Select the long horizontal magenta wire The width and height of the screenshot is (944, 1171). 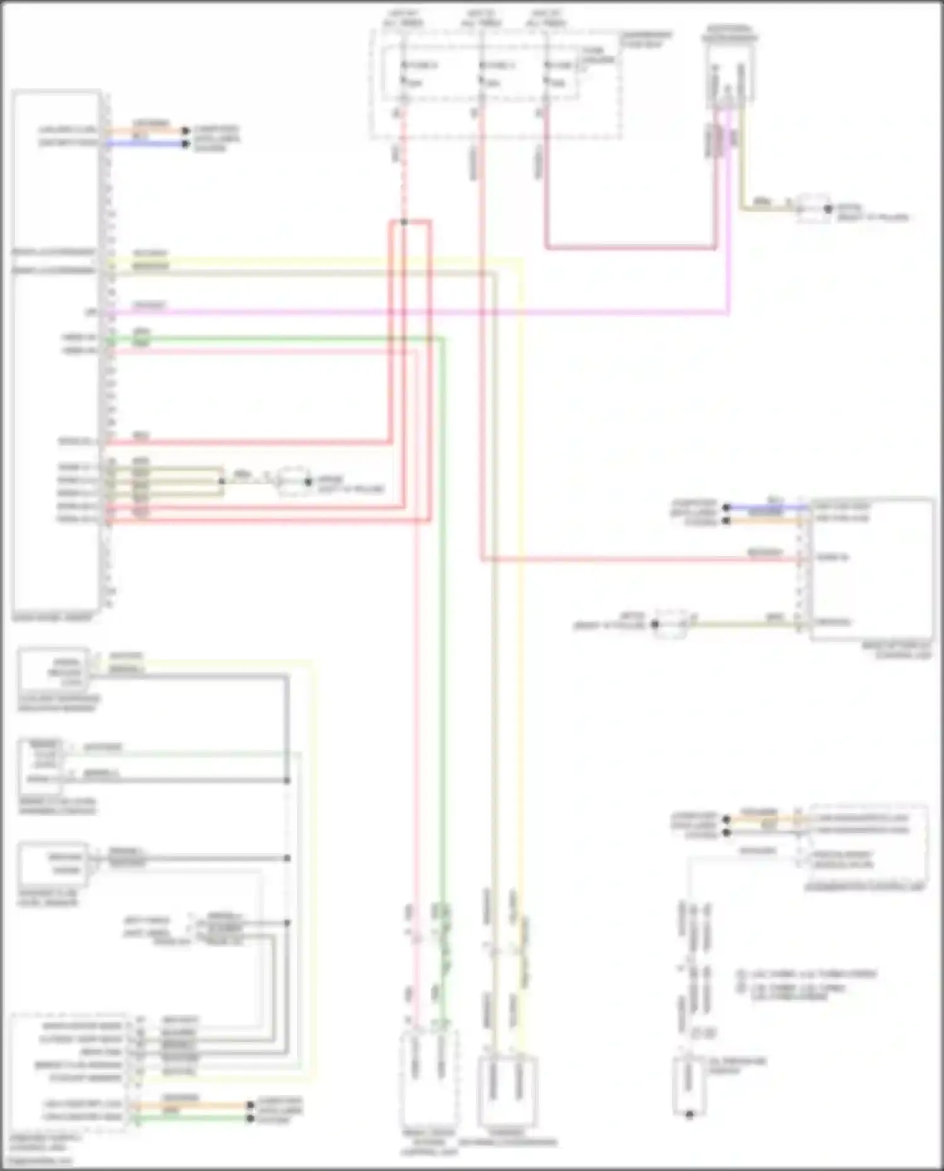[441, 312]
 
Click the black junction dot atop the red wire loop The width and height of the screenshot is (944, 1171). [404, 221]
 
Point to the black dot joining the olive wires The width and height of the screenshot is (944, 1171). [222, 481]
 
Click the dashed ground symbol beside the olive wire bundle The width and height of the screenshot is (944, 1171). [292, 481]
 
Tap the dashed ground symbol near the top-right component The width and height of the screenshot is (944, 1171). [812, 208]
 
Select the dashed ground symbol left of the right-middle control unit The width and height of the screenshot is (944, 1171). [671, 624]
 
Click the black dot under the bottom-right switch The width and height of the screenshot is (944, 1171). [690, 1114]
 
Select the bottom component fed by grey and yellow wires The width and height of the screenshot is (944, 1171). [507, 1092]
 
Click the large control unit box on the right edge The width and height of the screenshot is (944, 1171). [872, 569]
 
